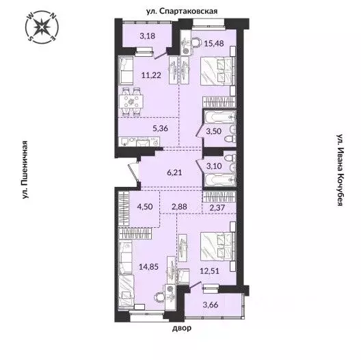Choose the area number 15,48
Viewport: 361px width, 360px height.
tap(215, 42)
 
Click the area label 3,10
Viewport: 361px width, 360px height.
tap(214, 164)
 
